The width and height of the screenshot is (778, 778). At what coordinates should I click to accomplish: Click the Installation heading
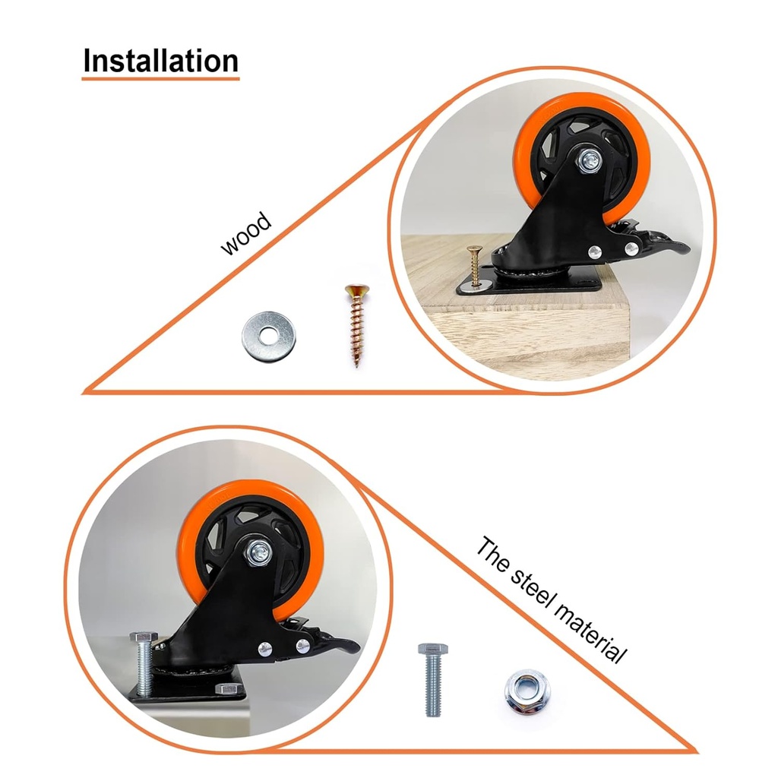tap(160, 61)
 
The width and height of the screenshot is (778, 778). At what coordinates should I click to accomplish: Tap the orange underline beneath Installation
tap(160, 77)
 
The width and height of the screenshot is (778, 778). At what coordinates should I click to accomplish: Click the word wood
tap(245, 234)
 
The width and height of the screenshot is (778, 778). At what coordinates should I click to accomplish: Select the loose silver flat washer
tap(268, 334)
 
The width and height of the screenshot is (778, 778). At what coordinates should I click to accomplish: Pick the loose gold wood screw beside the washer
tap(355, 323)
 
